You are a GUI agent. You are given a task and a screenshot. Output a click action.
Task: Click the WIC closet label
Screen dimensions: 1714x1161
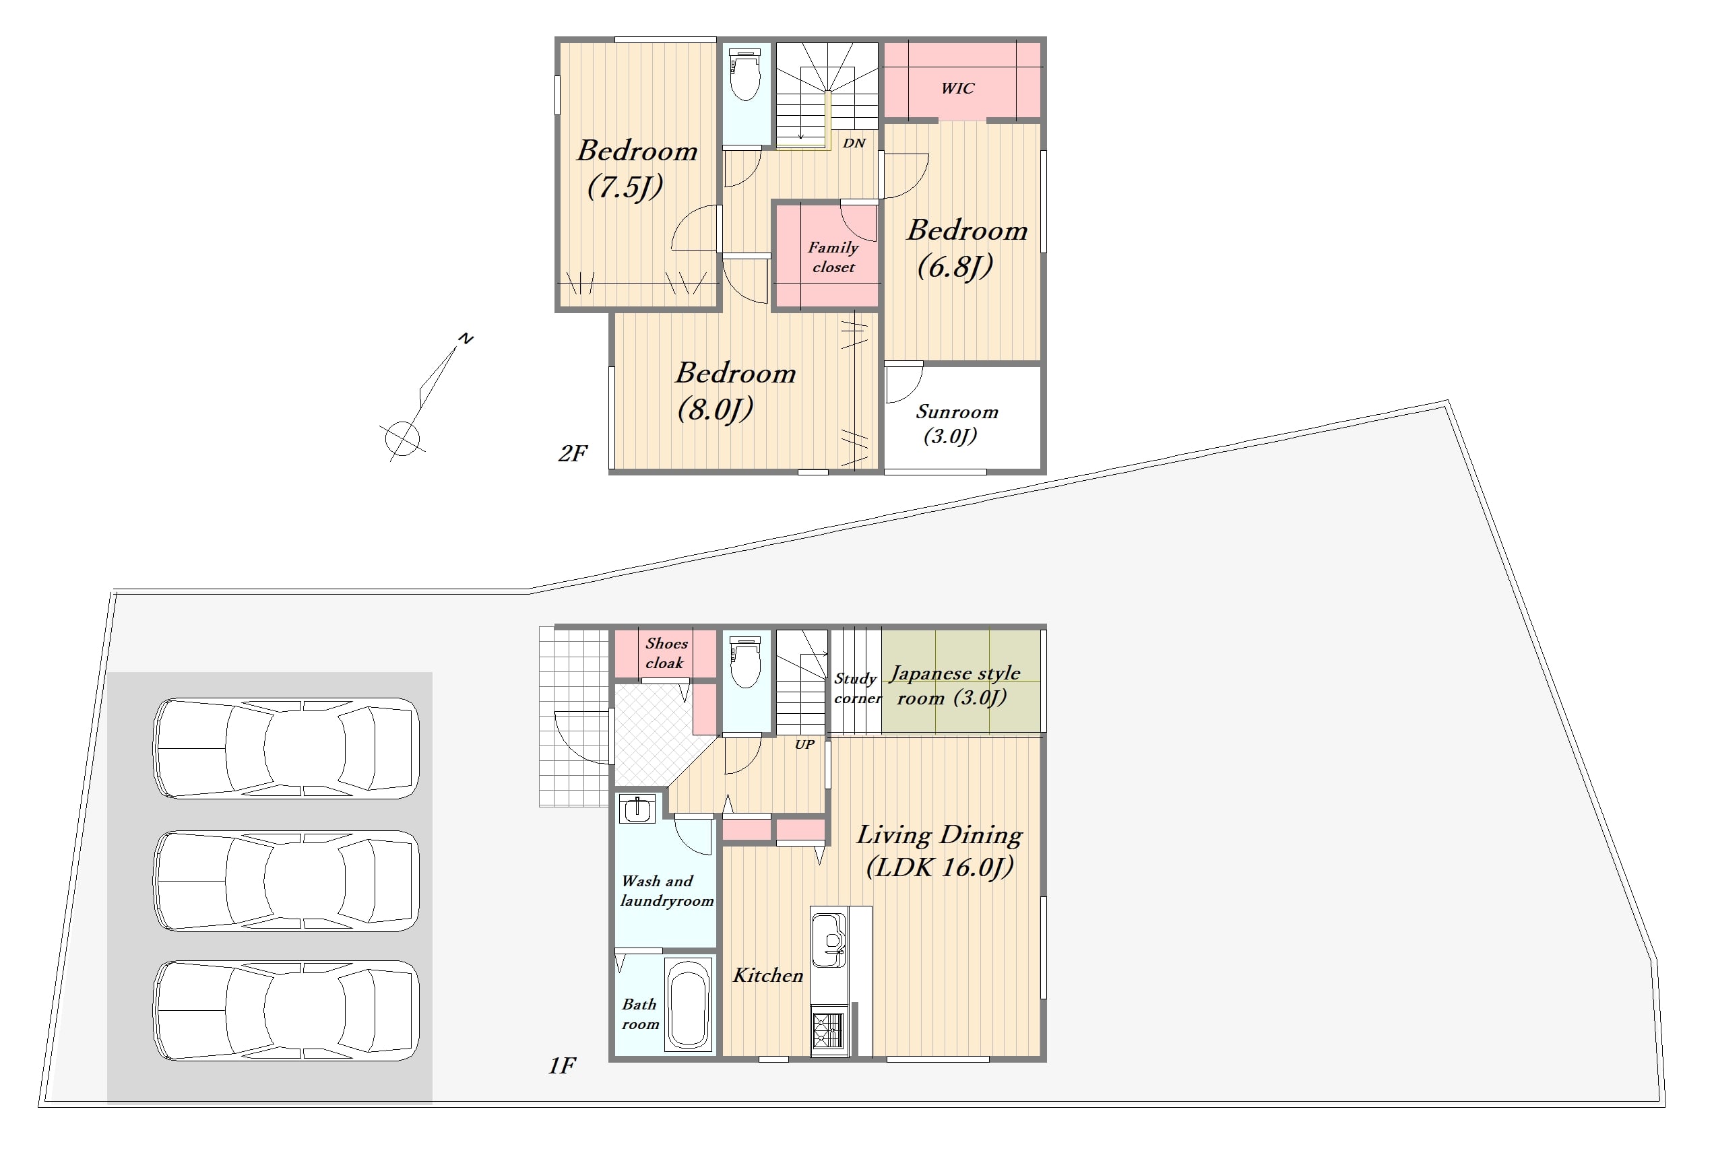click(x=957, y=88)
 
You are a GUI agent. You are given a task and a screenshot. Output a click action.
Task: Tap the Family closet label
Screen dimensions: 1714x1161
click(x=833, y=257)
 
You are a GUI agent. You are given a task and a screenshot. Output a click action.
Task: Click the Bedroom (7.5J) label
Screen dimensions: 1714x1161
click(x=637, y=169)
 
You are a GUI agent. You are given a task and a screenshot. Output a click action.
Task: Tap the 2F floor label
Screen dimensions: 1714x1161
click(x=572, y=453)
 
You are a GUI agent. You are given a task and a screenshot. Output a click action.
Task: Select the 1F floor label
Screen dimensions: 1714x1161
click(x=562, y=1065)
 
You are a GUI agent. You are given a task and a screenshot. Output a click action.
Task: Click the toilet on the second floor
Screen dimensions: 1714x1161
click(x=745, y=75)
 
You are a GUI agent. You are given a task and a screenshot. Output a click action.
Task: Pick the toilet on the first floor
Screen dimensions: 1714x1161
click(x=745, y=661)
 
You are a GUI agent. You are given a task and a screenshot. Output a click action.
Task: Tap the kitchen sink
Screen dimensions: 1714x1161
click(x=829, y=940)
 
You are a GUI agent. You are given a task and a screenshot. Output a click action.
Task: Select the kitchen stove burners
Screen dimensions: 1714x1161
click(x=827, y=1030)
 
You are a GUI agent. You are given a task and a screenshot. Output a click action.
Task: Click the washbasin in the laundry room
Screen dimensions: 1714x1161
click(x=636, y=809)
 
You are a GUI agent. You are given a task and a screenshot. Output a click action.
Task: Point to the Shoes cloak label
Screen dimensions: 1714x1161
click(x=666, y=653)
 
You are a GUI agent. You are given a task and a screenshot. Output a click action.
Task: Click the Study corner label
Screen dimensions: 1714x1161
click(x=857, y=688)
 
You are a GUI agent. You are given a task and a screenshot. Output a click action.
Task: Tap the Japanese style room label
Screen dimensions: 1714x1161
click(x=954, y=685)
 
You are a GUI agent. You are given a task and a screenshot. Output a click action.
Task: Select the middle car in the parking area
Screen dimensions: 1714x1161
click(x=286, y=881)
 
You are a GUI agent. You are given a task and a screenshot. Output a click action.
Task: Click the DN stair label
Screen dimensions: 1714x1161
click(x=854, y=143)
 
